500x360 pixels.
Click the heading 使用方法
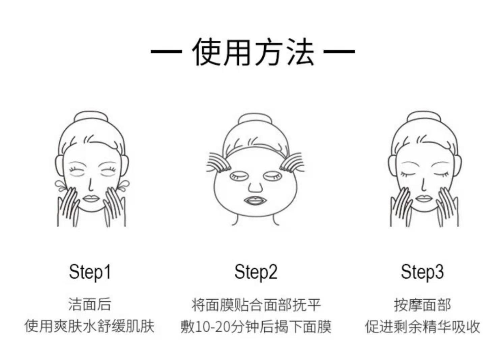pyautogui.click(x=253, y=52)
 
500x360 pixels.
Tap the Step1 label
pyautogui.click(x=90, y=272)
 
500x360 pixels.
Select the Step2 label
pyautogui.click(x=256, y=272)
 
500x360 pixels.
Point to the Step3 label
pyautogui.click(x=422, y=272)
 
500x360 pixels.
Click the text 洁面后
pyautogui.click(x=90, y=304)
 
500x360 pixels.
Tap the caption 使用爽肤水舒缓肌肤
pyautogui.click(x=90, y=326)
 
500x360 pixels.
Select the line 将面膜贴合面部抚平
pyautogui.click(x=256, y=305)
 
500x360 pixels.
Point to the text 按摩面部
pyautogui.click(x=422, y=305)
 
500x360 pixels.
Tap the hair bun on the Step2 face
pyautogui.click(x=255, y=120)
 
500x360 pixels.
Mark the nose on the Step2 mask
pyautogui.click(x=255, y=186)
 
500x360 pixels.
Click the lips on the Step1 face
pyautogui.click(x=90, y=198)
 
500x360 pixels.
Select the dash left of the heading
pyautogui.click(x=166, y=52)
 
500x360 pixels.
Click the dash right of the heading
pyautogui.click(x=339, y=52)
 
